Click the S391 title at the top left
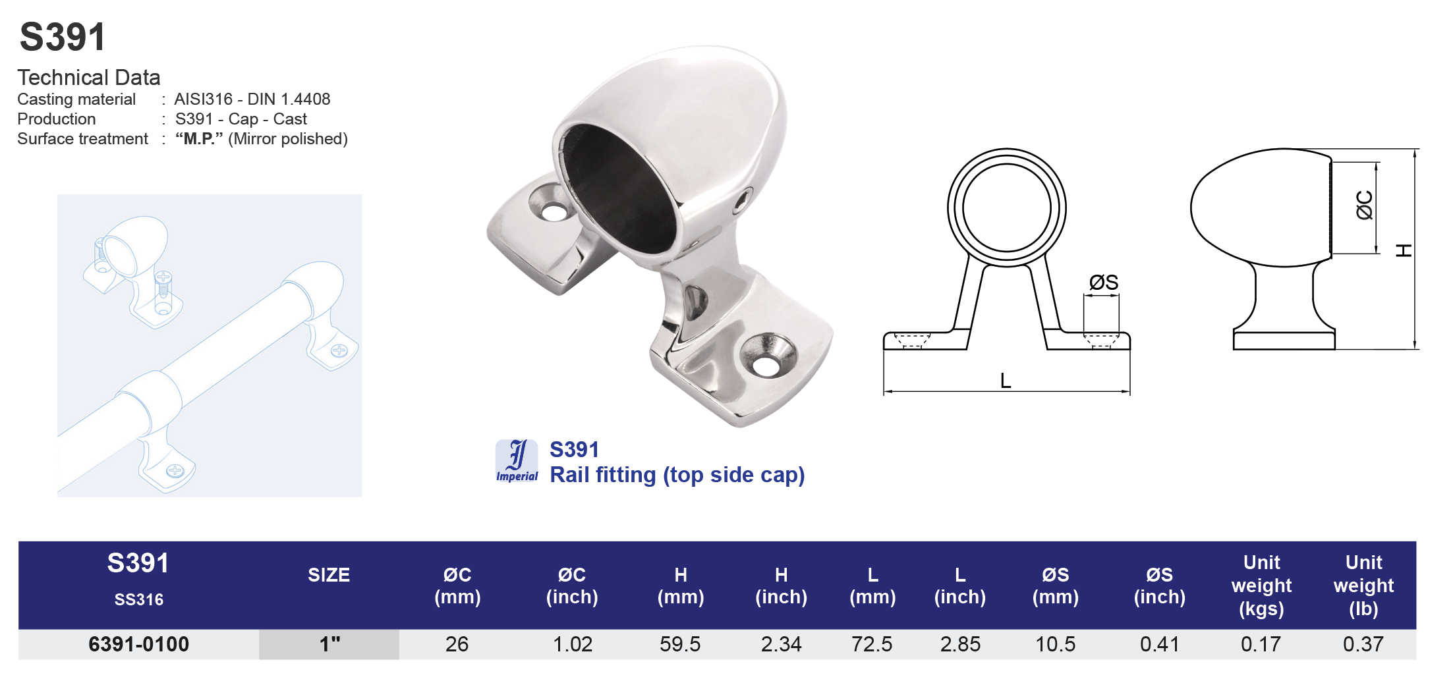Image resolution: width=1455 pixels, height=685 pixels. [63, 37]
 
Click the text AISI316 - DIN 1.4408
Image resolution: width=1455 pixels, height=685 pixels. [252, 99]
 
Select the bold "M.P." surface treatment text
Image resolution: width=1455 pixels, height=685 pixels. [199, 139]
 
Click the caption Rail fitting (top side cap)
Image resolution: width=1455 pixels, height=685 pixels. [677, 475]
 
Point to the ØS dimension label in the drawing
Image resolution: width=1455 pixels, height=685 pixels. [1103, 283]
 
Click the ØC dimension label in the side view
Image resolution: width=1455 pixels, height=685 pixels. [1364, 205]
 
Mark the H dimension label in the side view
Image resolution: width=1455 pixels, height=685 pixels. [1404, 251]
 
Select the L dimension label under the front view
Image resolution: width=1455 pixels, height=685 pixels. [1005, 381]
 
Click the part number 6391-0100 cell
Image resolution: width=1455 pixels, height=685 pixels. [138, 644]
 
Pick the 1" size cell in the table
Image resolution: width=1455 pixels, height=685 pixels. [329, 644]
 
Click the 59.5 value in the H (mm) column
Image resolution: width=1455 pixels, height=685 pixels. [680, 644]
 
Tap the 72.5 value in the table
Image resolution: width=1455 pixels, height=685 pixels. [872, 644]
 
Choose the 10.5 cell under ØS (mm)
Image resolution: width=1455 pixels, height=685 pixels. [1055, 644]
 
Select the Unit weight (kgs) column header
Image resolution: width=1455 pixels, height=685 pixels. [1261, 586]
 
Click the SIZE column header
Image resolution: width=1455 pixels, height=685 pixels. [329, 575]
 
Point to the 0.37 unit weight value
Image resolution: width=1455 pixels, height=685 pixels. [1363, 644]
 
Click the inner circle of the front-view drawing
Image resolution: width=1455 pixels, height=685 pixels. [1006, 207]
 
